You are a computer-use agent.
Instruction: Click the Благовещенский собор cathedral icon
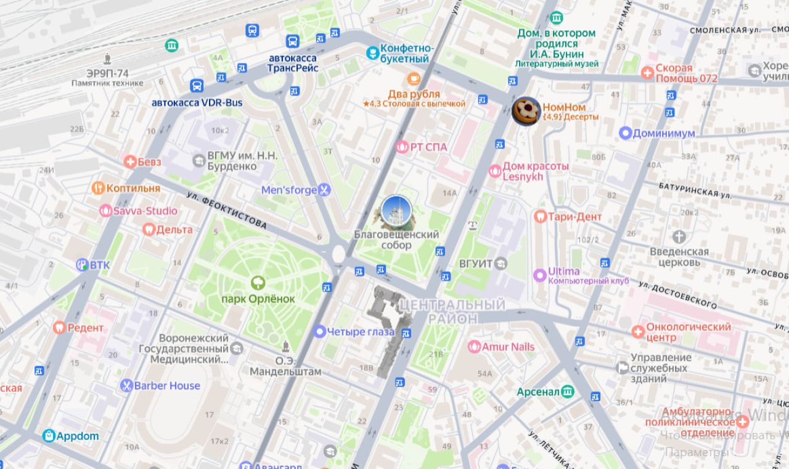[x=396, y=211]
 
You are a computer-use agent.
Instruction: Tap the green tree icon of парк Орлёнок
[x=258, y=283]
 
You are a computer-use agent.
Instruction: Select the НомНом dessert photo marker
[x=526, y=112]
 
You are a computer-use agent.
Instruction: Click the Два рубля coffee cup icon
[x=414, y=78]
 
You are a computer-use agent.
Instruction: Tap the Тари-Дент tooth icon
[x=540, y=216]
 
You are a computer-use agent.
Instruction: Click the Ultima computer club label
[x=563, y=272]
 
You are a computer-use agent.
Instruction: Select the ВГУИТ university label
[x=475, y=263]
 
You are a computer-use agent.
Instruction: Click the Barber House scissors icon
[x=126, y=386]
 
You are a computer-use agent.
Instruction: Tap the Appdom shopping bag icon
[x=49, y=436]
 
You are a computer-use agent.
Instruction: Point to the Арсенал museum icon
[x=567, y=391]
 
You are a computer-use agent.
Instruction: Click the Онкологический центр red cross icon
[x=638, y=332]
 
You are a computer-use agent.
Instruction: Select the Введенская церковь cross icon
[x=679, y=237]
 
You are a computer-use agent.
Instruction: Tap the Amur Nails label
[x=508, y=347]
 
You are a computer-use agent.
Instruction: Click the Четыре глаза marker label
[x=361, y=332]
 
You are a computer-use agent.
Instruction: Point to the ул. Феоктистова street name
[x=226, y=210]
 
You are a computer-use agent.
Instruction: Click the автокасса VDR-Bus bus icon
[x=197, y=86]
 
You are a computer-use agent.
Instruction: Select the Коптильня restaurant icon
[x=97, y=188]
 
